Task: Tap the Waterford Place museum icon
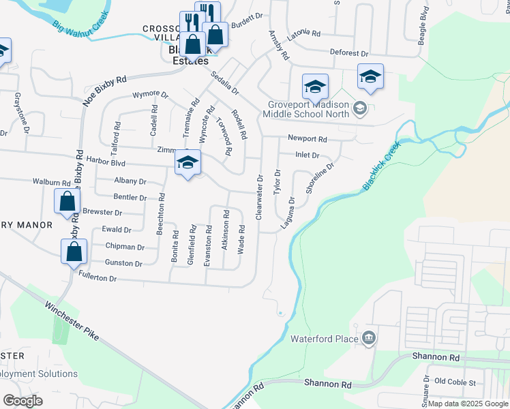(x=369, y=338)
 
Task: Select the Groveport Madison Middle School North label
(x=307, y=109)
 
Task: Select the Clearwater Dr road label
(x=259, y=198)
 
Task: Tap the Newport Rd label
(x=307, y=138)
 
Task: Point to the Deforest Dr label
(x=349, y=53)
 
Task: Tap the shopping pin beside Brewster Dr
(x=67, y=202)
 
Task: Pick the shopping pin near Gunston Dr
(x=73, y=252)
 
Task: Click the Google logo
(x=22, y=400)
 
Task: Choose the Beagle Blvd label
(x=423, y=22)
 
